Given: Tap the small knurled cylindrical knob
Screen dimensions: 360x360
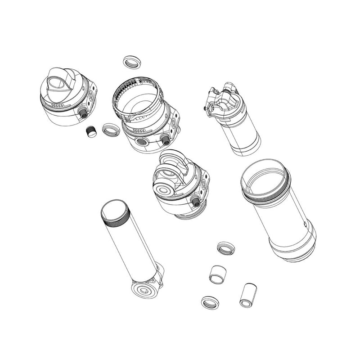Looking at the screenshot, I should point(92,131).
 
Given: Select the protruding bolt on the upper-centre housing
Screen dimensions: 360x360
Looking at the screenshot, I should point(166,139).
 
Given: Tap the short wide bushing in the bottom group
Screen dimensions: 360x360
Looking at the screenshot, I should point(218,273).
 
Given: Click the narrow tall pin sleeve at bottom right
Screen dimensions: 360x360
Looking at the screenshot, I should point(247,295).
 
